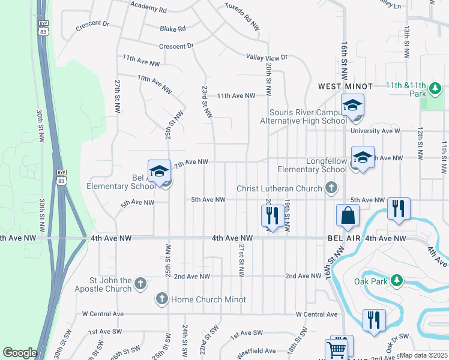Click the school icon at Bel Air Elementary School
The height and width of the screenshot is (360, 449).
pyautogui.click(x=159, y=172)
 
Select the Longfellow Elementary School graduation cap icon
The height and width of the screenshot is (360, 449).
pyautogui.click(x=363, y=158)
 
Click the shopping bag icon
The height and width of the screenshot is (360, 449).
pyautogui.click(x=348, y=215)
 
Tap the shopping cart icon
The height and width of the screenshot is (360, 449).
pyautogui.click(x=337, y=349)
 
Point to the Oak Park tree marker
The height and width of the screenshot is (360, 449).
pyautogui.click(x=396, y=280)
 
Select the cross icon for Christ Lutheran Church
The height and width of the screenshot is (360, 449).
pyautogui.click(x=331, y=189)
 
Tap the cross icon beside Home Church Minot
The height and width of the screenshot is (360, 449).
pyautogui.click(x=161, y=298)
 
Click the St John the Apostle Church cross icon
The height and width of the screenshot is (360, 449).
pyautogui.click(x=140, y=283)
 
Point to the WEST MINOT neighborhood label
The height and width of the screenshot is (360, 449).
pyautogui.click(x=345, y=87)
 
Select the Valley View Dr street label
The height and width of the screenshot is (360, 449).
pyautogui.click(x=267, y=57)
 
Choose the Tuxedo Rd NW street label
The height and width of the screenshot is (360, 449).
pyautogui.click(x=242, y=19)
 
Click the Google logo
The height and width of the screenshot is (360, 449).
pyautogui.click(x=20, y=353)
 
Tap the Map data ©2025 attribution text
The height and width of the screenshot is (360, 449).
pyautogui.click(x=423, y=355)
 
